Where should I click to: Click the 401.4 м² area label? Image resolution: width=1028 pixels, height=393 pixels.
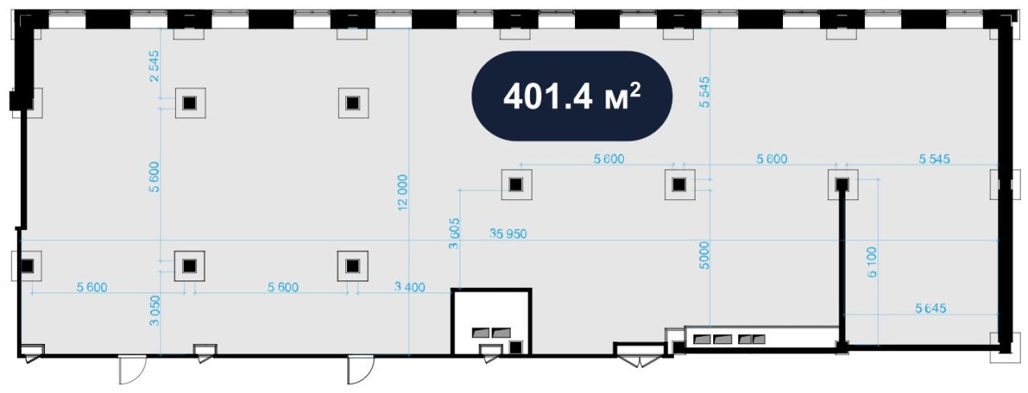pos(572,96)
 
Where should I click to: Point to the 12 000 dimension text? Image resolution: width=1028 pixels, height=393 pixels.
pos(402,192)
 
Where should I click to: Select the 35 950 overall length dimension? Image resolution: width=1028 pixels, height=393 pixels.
pos(508,234)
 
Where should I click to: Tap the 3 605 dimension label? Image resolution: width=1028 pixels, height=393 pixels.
pos(454,234)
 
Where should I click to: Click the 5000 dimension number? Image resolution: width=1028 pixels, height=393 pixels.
pos(704,256)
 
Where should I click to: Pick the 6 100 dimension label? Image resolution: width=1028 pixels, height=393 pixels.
pos(871,262)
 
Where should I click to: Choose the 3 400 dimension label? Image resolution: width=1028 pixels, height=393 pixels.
pos(410,288)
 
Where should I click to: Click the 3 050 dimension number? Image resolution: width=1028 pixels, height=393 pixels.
pos(155,311)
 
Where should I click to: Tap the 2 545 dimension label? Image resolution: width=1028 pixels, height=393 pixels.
pos(154,66)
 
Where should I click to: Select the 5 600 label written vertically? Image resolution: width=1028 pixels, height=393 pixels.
pos(154,177)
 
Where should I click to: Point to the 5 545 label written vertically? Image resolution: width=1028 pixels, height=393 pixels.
pos(704,92)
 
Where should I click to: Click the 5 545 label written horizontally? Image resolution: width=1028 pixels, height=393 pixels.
pos(934,159)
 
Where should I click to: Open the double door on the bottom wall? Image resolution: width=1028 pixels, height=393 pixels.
pos(639,355)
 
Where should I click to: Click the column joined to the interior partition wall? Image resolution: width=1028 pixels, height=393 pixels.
pos(842,185)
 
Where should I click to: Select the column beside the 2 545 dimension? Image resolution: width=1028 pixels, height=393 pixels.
pos(190,103)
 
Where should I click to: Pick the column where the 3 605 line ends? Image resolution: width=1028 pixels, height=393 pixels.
pos(516,185)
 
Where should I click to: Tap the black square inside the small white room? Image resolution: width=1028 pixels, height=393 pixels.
pos(516,347)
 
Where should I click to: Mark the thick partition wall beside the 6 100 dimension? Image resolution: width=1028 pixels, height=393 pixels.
pos(842,266)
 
